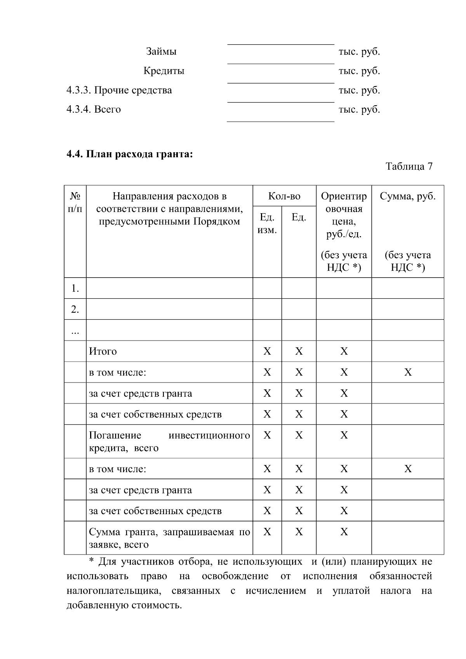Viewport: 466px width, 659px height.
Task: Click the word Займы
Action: (x=161, y=52)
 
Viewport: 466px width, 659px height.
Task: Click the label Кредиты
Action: (x=164, y=71)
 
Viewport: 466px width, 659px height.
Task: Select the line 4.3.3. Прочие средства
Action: (x=119, y=90)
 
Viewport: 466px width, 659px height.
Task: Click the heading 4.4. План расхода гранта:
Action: (x=130, y=154)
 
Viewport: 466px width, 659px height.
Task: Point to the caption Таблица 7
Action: (x=409, y=167)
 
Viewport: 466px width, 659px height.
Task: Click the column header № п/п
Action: (x=75, y=202)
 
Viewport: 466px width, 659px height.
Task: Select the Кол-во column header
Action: (x=284, y=196)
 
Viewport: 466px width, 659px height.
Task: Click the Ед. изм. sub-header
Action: (x=267, y=224)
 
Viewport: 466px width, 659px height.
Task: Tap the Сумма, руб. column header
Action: (x=407, y=196)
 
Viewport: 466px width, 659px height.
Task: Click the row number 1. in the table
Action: (x=75, y=289)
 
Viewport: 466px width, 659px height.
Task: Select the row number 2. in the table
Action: (x=75, y=310)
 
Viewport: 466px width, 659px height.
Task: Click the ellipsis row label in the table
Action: (x=75, y=331)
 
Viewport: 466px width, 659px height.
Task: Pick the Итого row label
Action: (x=103, y=351)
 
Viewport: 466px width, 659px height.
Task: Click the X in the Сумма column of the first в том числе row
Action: (x=408, y=372)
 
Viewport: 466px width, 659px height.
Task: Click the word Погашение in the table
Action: (x=115, y=435)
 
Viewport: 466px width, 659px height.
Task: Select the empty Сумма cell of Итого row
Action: (x=408, y=351)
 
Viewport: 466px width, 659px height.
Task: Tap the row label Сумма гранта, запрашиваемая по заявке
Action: (x=169, y=538)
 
